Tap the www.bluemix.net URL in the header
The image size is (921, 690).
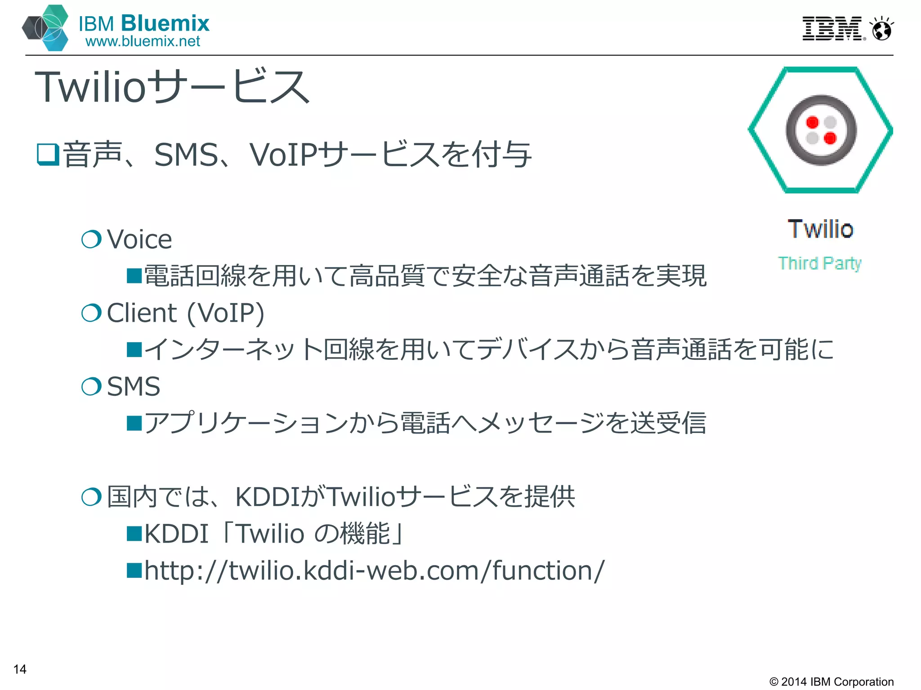pos(143,41)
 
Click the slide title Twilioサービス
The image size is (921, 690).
pos(172,87)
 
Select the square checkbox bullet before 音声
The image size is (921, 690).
pos(48,155)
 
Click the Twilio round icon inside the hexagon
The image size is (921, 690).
pos(821,130)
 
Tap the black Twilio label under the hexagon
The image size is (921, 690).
pos(820,229)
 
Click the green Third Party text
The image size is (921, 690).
pos(819,263)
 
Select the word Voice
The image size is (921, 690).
pos(139,239)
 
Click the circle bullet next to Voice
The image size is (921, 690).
pos(91,239)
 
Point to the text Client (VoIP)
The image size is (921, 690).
pos(185,313)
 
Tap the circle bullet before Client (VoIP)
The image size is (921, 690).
pos(91,313)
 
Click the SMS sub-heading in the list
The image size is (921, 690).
pos(134,387)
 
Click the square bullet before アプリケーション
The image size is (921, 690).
pos(134,423)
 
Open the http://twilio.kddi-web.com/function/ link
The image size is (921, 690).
pos(374,571)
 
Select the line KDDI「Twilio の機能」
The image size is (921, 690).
pos(274,534)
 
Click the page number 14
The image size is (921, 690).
pos(20,669)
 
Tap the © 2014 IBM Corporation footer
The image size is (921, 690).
pos(831,681)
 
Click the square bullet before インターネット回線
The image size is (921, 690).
pos(134,349)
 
